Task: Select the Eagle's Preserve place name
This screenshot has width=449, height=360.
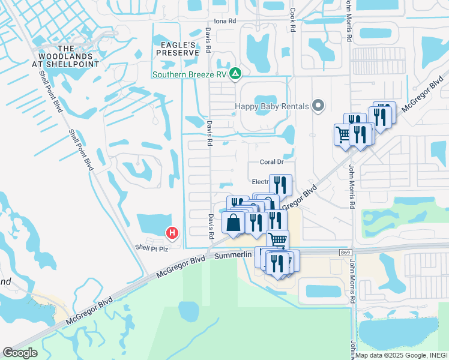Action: pos(177,49)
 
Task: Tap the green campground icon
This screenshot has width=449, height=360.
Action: pos(236,74)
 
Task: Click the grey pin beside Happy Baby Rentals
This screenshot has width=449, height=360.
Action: pos(319,106)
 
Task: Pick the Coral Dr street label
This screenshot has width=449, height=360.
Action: pos(271,162)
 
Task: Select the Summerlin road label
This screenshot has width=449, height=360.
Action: pos(234,257)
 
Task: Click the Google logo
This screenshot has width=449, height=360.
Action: pos(20,353)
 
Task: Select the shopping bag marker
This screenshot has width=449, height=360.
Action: pos(234,223)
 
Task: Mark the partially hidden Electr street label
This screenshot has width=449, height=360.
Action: pos(260,181)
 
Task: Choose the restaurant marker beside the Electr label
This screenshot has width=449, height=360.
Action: pos(280,184)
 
